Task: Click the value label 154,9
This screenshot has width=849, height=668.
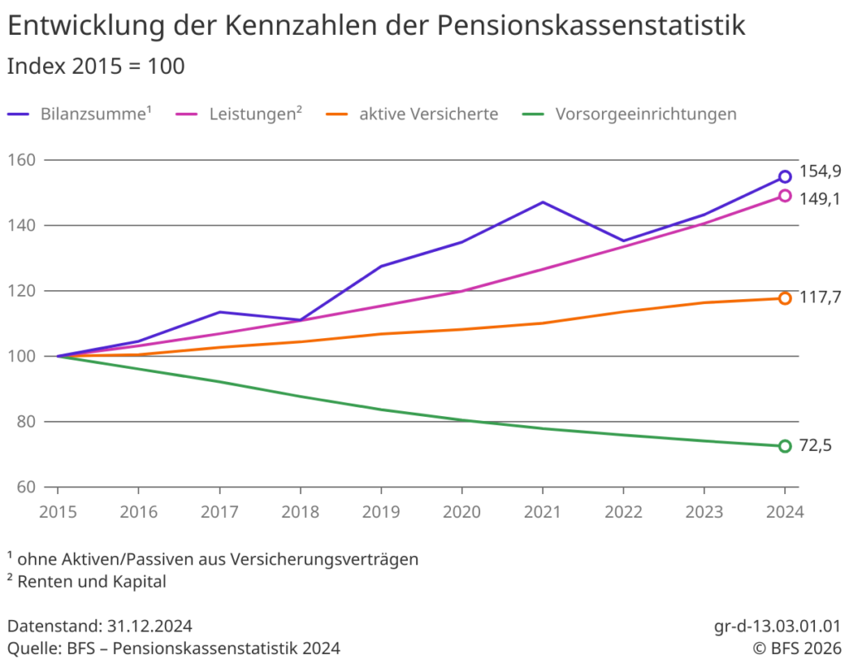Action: pos(821,172)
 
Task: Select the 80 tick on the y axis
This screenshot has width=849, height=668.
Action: pos(23,422)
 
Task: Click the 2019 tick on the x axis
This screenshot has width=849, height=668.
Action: pos(381,511)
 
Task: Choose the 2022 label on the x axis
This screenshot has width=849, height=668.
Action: pos(623,511)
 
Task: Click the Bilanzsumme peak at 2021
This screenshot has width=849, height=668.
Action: pos(542,202)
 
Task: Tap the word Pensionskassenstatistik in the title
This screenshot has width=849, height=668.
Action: pos(590,26)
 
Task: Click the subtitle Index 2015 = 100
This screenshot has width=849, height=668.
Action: pos(95,66)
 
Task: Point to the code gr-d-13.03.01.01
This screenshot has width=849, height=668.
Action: pos(777,625)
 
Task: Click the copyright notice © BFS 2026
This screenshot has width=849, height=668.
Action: pos(796,647)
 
